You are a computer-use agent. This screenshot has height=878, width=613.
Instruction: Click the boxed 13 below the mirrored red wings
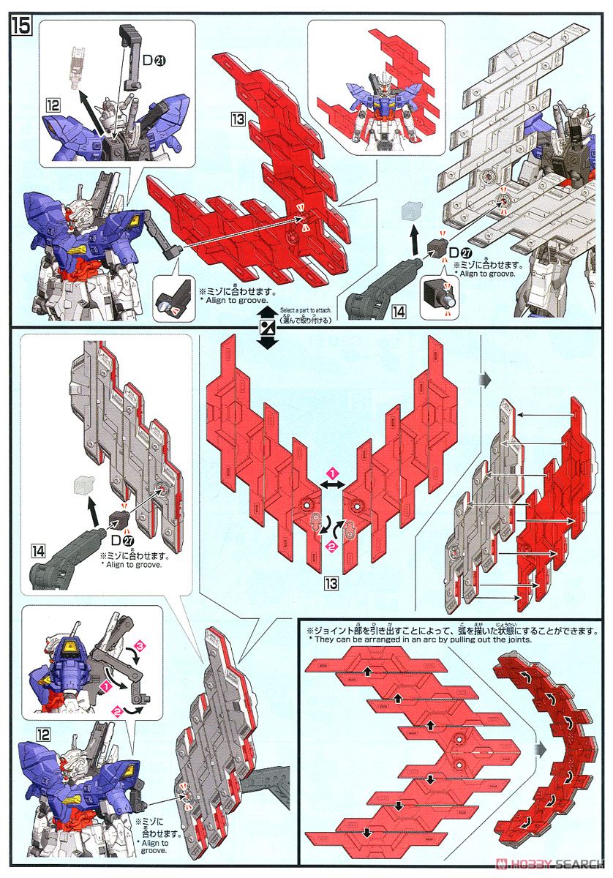pos(331,583)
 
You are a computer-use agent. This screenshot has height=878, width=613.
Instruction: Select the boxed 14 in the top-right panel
pos(398,310)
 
